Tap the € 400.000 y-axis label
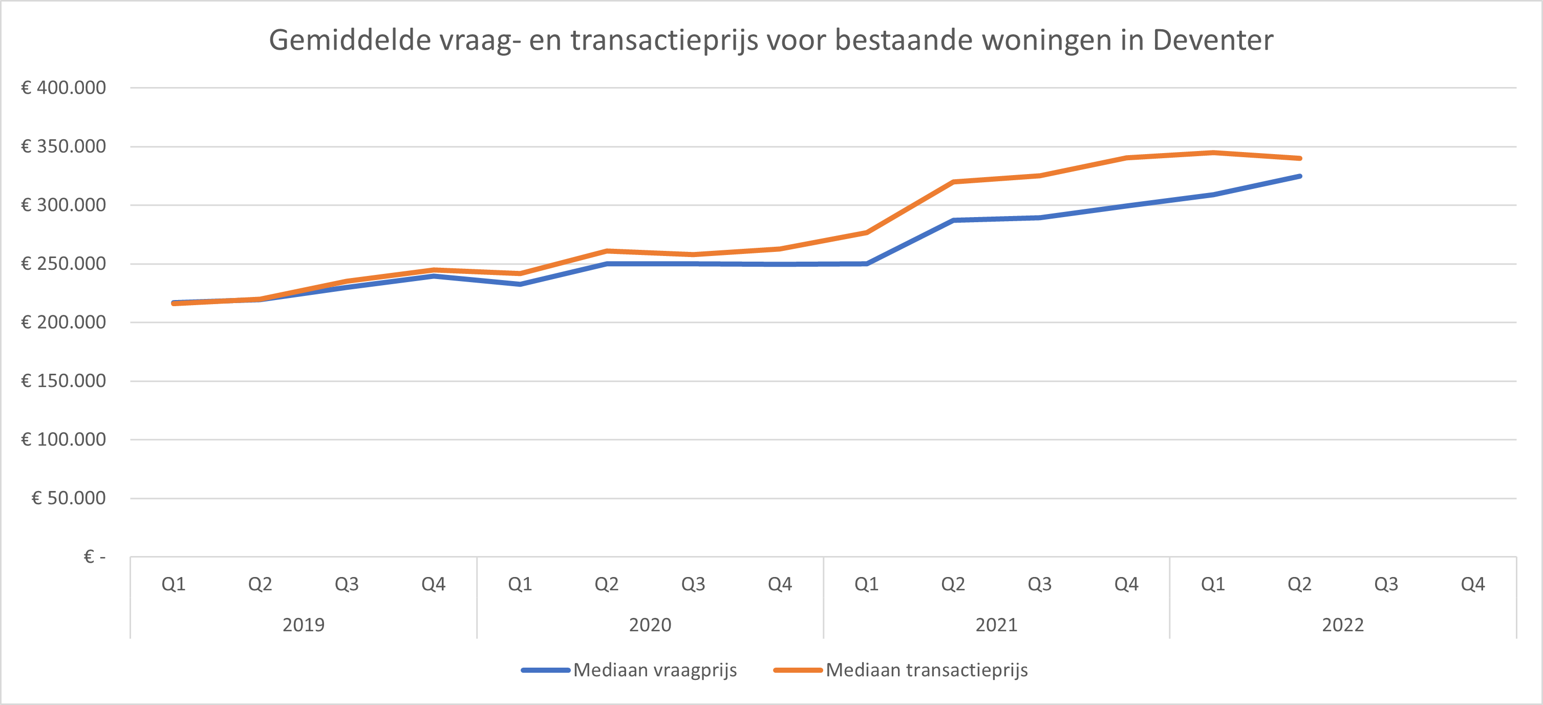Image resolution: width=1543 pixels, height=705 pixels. click(63, 88)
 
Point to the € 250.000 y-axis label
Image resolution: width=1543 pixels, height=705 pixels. click(63, 264)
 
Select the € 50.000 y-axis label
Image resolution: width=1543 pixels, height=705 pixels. click(68, 498)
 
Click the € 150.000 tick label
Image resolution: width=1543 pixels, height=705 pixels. click(63, 381)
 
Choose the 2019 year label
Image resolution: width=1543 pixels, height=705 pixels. click(303, 625)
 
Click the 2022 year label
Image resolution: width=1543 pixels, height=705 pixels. click(1342, 625)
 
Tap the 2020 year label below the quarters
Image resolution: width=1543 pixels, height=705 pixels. click(650, 625)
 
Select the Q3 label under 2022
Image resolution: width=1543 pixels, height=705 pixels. click(1386, 584)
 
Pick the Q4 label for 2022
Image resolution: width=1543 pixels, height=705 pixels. click(1473, 584)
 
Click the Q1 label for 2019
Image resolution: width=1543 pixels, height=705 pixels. click(174, 584)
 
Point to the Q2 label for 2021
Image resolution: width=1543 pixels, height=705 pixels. click(953, 584)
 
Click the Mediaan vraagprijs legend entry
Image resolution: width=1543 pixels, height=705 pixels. click(654, 670)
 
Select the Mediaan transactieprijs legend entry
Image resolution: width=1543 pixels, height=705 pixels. click(926, 670)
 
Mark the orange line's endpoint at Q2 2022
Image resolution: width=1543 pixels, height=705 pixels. click(1299, 159)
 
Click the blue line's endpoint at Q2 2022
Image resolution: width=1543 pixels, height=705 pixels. click(1299, 176)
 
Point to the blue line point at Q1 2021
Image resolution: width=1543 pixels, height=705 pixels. click(867, 264)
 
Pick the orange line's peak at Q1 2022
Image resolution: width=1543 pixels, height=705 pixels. click(1213, 153)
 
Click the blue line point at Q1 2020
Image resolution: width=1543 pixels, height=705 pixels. click(520, 284)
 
